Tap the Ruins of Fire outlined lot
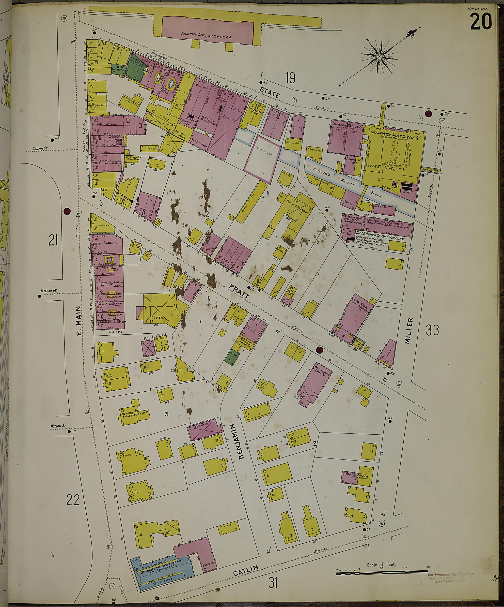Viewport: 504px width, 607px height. [262, 163]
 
